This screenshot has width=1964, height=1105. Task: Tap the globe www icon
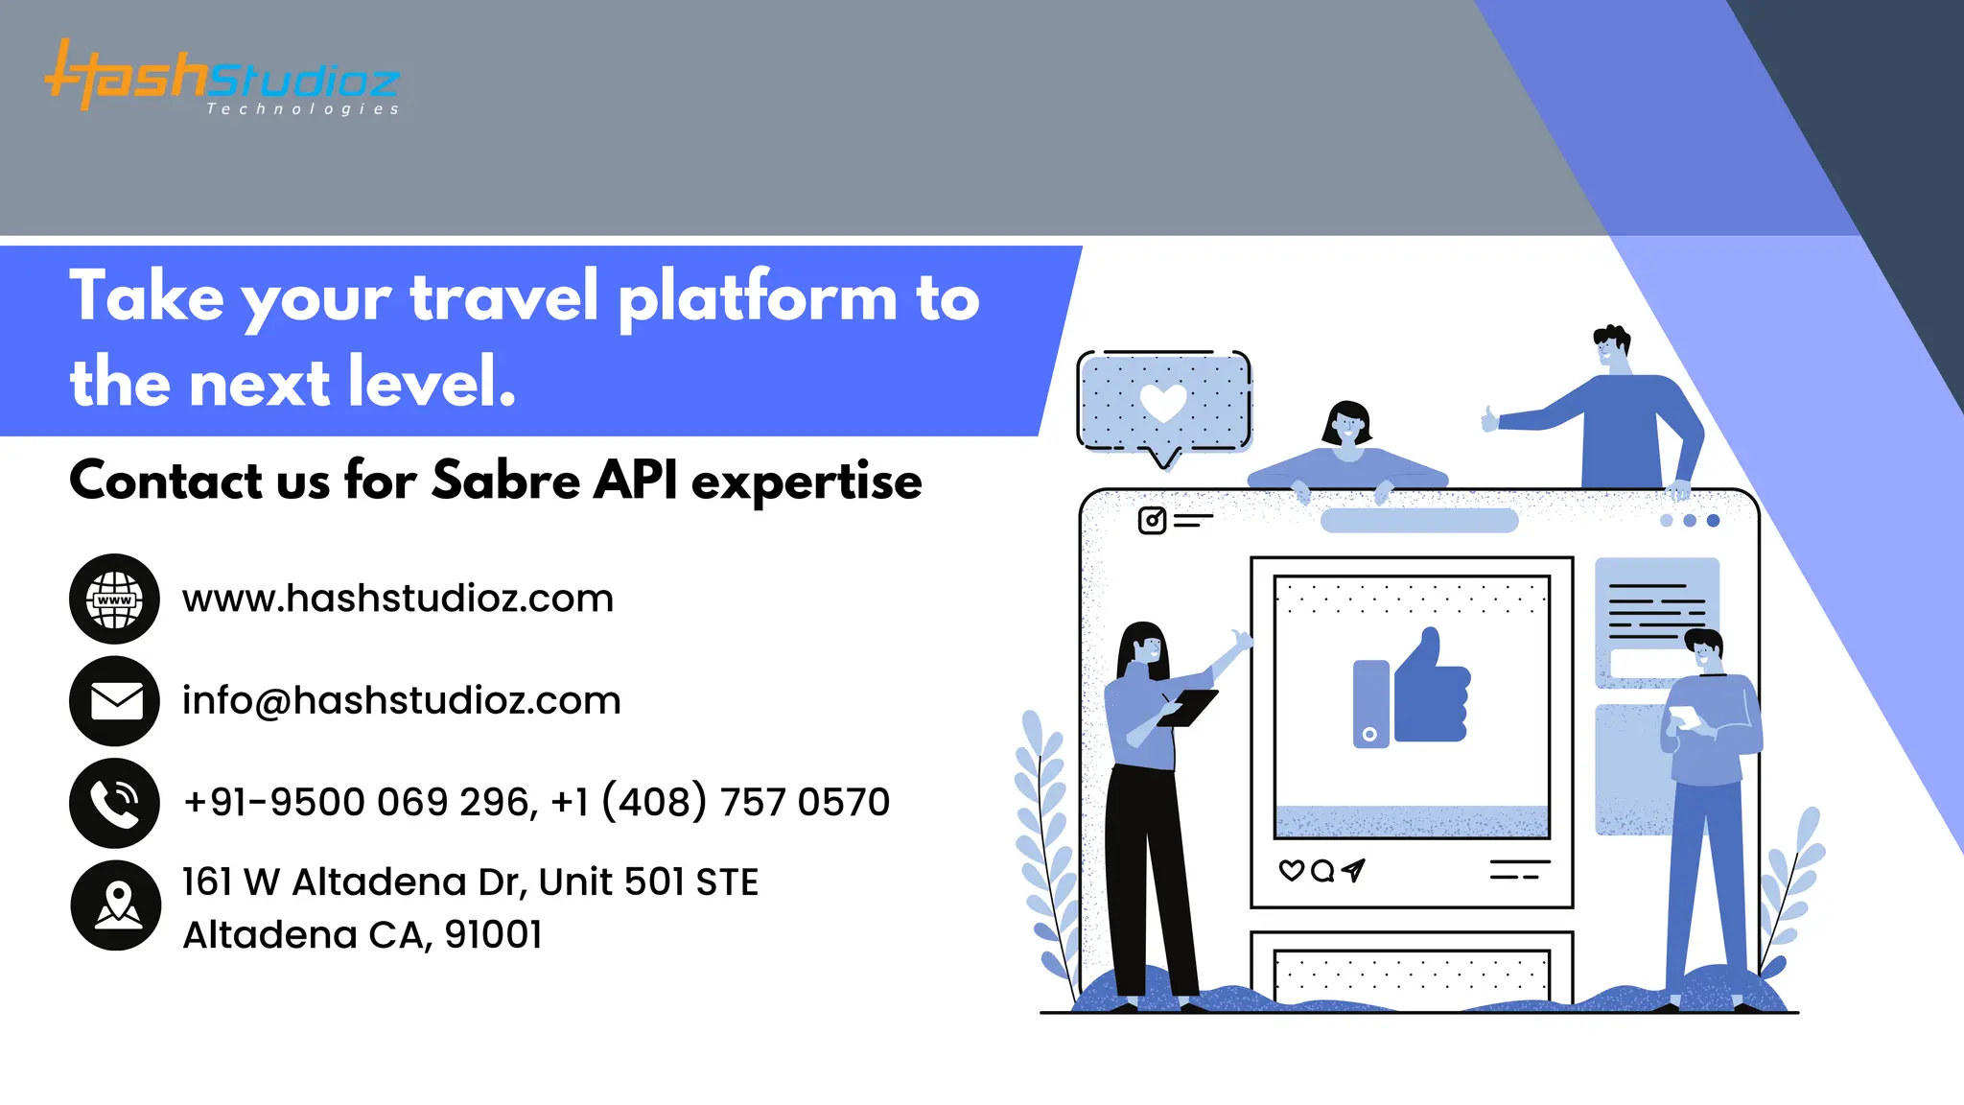[115, 599]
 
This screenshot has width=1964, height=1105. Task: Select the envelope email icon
[115, 701]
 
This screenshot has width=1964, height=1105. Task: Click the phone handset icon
[115, 803]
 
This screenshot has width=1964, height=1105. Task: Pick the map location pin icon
[116, 905]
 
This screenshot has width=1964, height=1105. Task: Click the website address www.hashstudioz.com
[397, 599]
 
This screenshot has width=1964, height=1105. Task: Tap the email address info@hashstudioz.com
[401, 701]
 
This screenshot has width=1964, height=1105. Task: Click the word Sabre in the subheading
[505, 480]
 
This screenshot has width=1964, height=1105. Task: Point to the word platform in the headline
[758, 297]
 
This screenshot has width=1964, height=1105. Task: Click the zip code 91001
[494, 934]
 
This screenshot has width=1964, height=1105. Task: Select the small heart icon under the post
[1291, 870]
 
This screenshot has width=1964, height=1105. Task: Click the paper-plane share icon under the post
[1353, 870]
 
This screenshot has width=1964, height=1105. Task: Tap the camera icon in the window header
[1152, 521]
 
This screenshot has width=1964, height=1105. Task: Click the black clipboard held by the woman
[1188, 708]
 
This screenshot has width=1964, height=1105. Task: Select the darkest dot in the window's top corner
[1713, 521]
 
